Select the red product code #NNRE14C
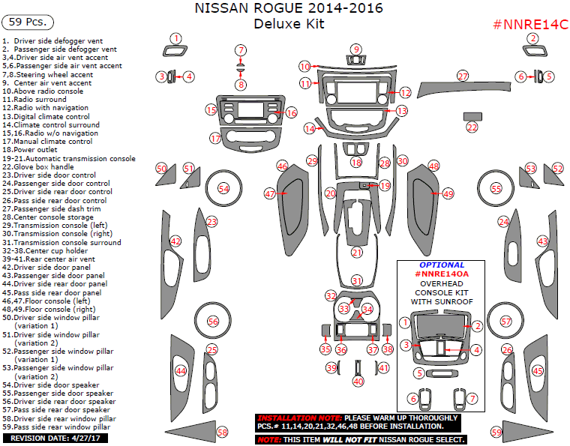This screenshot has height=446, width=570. coord(529,25)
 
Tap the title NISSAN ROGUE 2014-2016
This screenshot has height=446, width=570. coord(289,9)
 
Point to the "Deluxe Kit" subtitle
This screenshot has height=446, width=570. coord(289,25)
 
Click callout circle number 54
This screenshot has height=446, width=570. coord(223,188)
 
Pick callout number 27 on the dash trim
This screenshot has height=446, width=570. coord(463,76)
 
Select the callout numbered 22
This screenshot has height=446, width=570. coord(472,128)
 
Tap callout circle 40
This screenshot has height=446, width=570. coord(358,381)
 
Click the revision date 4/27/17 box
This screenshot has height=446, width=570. coord(55,438)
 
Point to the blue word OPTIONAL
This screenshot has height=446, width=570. coord(442,265)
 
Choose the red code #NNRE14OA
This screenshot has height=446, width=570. coord(442,274)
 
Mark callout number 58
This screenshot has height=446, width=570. coord(222,433)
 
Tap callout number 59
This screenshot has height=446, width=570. coord(496,433)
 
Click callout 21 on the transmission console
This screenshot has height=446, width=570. coord(357,253)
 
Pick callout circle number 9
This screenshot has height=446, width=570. coord(356,49)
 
